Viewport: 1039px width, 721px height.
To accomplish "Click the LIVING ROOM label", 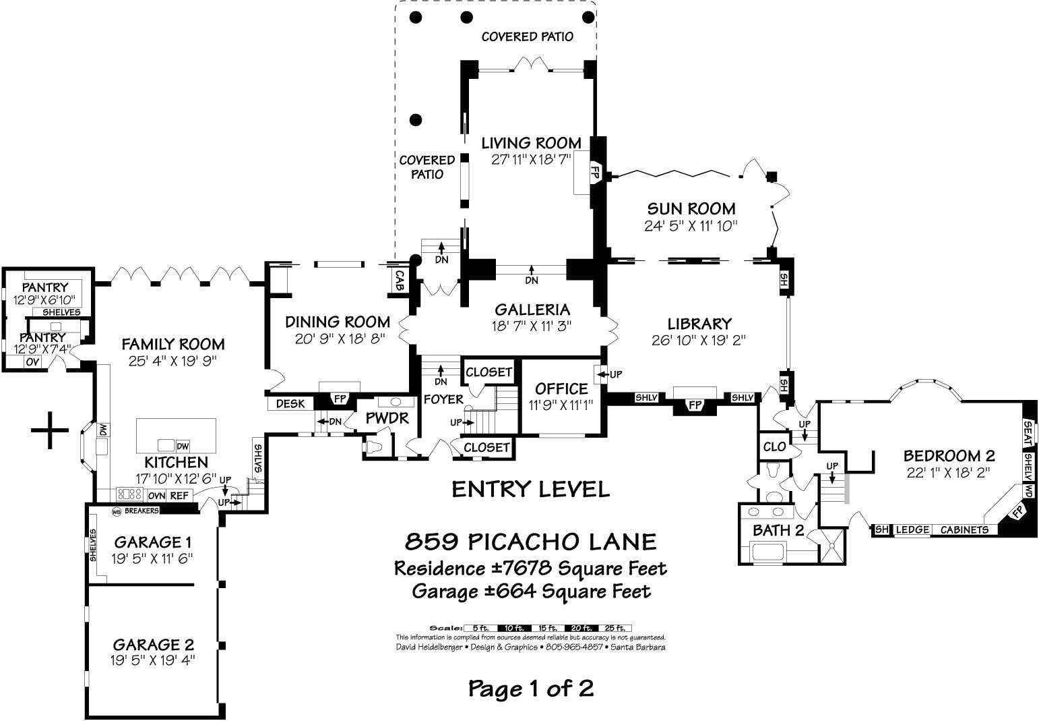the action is [x=531, y=143].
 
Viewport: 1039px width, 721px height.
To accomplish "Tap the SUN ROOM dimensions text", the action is [x=691, y=226].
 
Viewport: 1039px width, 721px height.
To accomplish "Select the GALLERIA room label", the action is [x=532, y=310].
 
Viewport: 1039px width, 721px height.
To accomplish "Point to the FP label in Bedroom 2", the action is [x=1017, y=513].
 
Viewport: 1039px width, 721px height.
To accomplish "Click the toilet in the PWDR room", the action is [x=374, y=447].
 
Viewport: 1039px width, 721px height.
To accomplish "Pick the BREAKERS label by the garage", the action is [x=141, y=511].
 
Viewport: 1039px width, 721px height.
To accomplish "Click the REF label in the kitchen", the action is [x=179, y=496].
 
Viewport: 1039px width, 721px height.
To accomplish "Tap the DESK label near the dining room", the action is [x=290, y=404].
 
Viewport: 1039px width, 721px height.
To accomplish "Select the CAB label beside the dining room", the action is [x=399, y=281].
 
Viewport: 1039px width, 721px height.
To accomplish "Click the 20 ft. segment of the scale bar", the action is [x=581, y=628].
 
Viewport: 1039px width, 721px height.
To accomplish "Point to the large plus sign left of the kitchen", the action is [x=50, y=430].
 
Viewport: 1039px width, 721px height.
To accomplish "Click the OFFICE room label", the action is [x=561, y=388].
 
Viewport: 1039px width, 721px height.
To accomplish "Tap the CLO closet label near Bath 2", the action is [x=774, y=446].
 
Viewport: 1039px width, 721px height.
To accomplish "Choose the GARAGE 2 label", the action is [x=153, y=644].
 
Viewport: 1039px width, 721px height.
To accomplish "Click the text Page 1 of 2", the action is [x=531, y=689].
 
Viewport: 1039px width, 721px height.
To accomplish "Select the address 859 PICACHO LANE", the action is [x=531, y=542].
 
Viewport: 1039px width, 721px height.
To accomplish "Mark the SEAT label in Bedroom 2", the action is [x=1028, y=434].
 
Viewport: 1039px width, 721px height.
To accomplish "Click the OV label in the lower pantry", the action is [x=32, y=362].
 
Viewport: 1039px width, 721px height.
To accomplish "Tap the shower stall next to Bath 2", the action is [x=833, y=546].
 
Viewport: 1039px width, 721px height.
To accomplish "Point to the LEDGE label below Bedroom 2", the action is [x=912, y=529].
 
